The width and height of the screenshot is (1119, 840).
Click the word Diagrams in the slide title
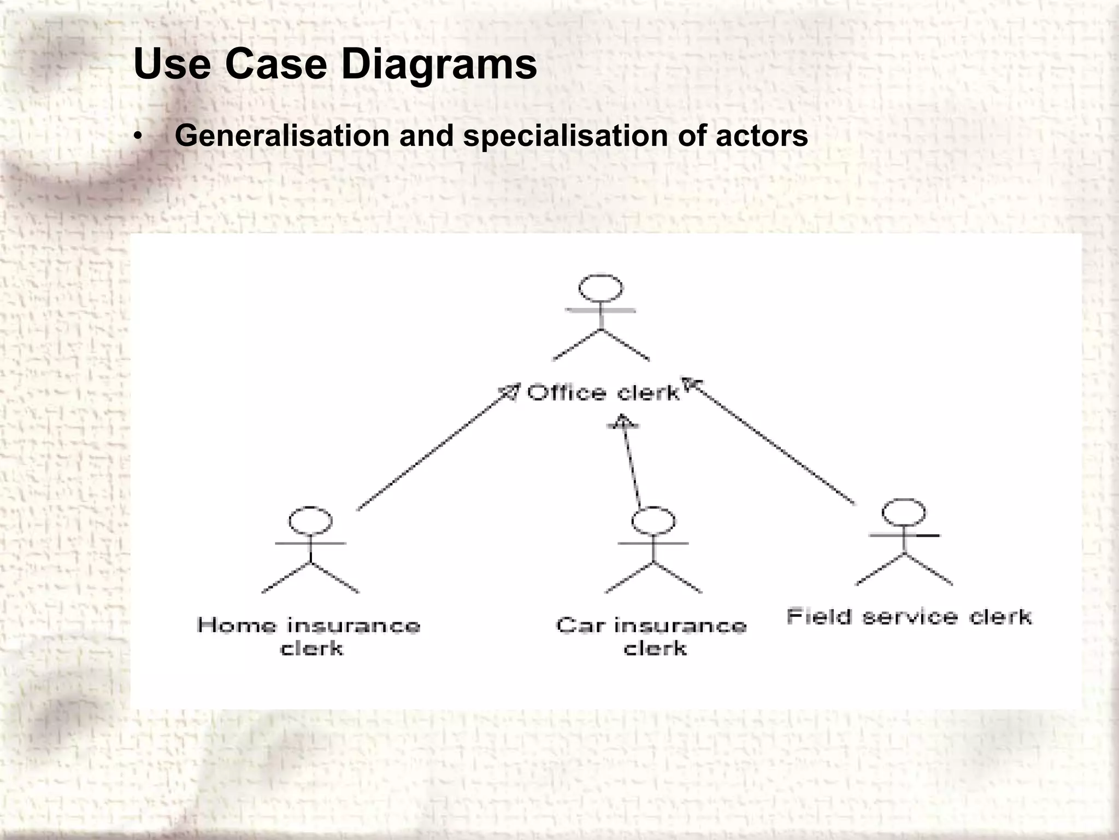pyautogui.click(x=439, y=65)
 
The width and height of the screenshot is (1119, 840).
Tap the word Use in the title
pyautogui.click(x=172, y=64)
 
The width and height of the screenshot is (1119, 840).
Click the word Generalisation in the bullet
pyautogui.click(x=281, y=135)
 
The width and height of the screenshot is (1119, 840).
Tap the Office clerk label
pyautogui.click(x=603, y=393)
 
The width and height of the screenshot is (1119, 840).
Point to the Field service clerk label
pyautogui.click(x=909, y=617)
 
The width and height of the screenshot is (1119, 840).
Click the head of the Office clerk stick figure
pyautogui.click(x=600, y=288)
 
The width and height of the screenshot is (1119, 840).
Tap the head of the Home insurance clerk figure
pyautogui.click(x=310, y=520)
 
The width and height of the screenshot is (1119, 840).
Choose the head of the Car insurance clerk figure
pyautogui.click(x=653, y=520)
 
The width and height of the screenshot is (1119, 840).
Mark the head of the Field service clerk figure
pyautogui.click(x=904, y=512)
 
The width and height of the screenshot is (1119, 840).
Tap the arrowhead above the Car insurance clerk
pyautogui.click(x=623, y=422)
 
